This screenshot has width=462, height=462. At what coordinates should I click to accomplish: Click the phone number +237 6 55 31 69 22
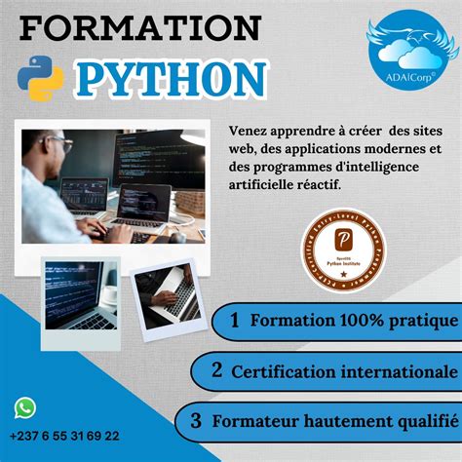pyautogui.click(x=66, y=436)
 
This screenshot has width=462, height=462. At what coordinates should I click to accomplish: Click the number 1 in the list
pyautogui.click(x=235, y=320)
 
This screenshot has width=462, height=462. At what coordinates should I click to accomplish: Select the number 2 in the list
pyautogui.click(x=217, y=370)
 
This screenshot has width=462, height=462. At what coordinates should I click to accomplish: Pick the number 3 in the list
pyautogui.click(x=196, y=421)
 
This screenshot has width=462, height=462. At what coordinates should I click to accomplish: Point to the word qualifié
pyautogui.click(x=424, y=422)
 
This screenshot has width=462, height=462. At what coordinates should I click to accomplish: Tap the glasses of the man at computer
pyautogui.click(x=61, y=143)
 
